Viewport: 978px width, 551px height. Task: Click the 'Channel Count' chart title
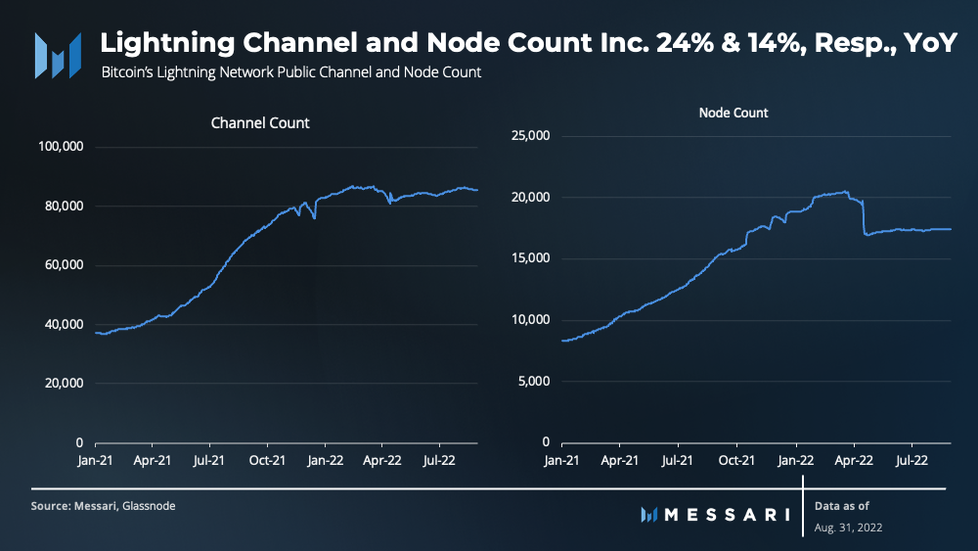tap(260, 123)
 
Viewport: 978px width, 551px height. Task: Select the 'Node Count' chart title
tap(733, 113)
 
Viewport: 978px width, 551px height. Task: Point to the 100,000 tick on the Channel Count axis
tap(62, 147)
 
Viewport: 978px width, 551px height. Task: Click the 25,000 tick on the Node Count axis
tap(532, 136)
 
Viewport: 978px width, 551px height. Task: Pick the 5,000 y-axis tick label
tap(535, 381)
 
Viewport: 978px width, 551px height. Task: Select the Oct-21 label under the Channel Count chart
tap(266, 459)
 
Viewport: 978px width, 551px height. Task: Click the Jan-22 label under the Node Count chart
tap(795, 459)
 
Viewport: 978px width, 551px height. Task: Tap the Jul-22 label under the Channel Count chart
tap(438, 459)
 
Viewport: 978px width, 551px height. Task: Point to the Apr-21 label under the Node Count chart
tap(618, 459)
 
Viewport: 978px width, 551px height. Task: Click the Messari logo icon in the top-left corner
tap(57, 55)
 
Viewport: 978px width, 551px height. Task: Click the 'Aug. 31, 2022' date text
tap(849, 528)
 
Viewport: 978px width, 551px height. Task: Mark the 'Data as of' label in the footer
tap(842, 506)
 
